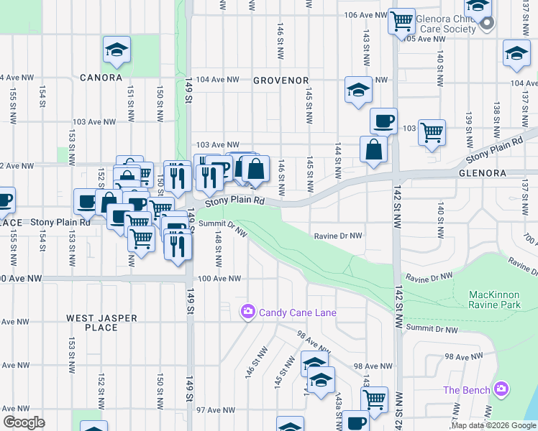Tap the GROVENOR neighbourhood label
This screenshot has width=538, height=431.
point(281,80)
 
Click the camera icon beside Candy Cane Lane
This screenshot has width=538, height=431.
point(247,312)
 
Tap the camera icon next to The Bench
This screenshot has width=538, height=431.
point(501,390)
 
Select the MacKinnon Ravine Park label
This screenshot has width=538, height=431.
point(498,300)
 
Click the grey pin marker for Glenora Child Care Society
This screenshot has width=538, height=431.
point(486,23)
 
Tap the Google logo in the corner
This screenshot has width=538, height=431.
point(24,422)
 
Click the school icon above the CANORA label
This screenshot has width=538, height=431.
point(117,50)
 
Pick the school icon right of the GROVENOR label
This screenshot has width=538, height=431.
point(358,90)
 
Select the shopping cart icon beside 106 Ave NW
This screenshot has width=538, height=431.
point(401,20)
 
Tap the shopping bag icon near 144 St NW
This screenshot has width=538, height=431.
point(374,150)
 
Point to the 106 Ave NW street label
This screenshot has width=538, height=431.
point(362,15)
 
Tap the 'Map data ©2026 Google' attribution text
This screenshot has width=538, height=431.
point(493,425)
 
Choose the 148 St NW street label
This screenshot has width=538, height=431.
point(216,251)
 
